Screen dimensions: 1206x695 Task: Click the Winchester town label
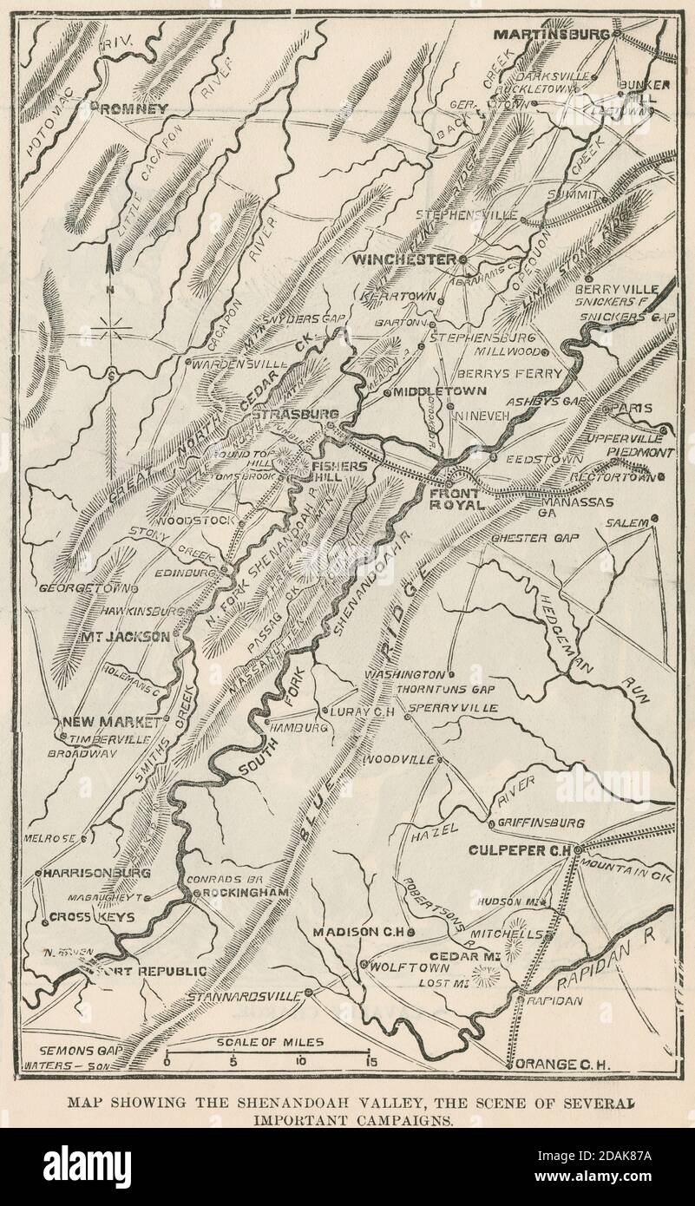pos(404,259)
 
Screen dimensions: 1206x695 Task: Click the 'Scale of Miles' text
pos(271,1041)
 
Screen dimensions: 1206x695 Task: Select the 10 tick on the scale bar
pos(300,1060)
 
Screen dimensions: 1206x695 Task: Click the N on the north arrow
pos(110,289)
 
